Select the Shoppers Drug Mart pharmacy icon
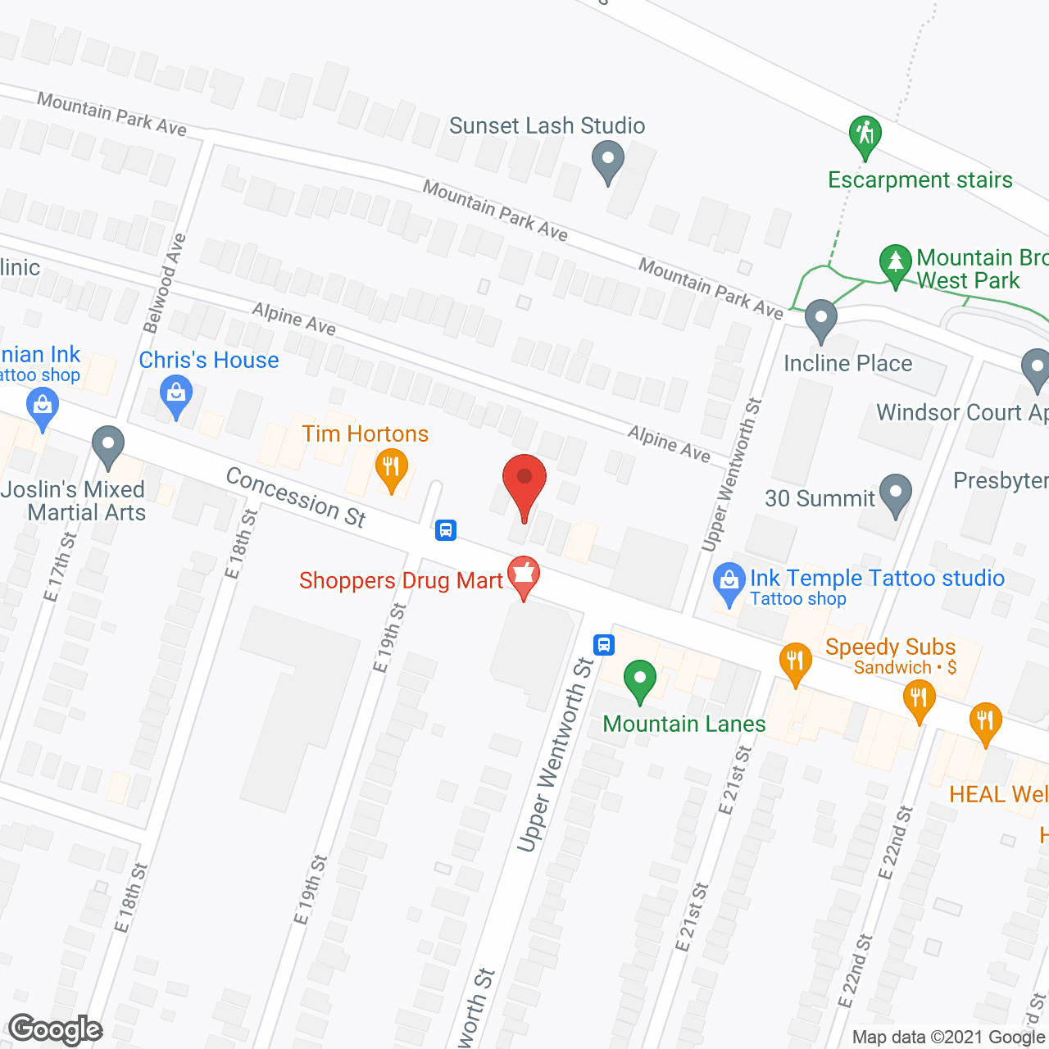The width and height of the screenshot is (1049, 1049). click(523, 575)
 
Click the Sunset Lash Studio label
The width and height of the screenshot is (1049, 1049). click(547, 125)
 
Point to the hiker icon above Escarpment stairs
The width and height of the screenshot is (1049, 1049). click(865, 134)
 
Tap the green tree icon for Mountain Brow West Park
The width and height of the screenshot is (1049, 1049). click(896, 263)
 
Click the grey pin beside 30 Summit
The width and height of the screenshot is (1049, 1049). click(895, 493)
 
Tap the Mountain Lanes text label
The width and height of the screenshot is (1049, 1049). click(684, 724)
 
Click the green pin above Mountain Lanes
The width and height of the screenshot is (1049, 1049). click(640, 679)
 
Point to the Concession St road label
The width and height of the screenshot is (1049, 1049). click(296, 496)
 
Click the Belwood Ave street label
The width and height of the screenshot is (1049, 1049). click(165, 284)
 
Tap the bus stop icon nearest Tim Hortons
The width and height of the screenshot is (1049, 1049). click(446, 529)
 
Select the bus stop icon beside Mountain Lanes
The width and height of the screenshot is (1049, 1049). click(604, 644)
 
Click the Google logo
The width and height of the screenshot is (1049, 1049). click(56, 1029)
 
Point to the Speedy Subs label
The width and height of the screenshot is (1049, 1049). click(890, 647)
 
